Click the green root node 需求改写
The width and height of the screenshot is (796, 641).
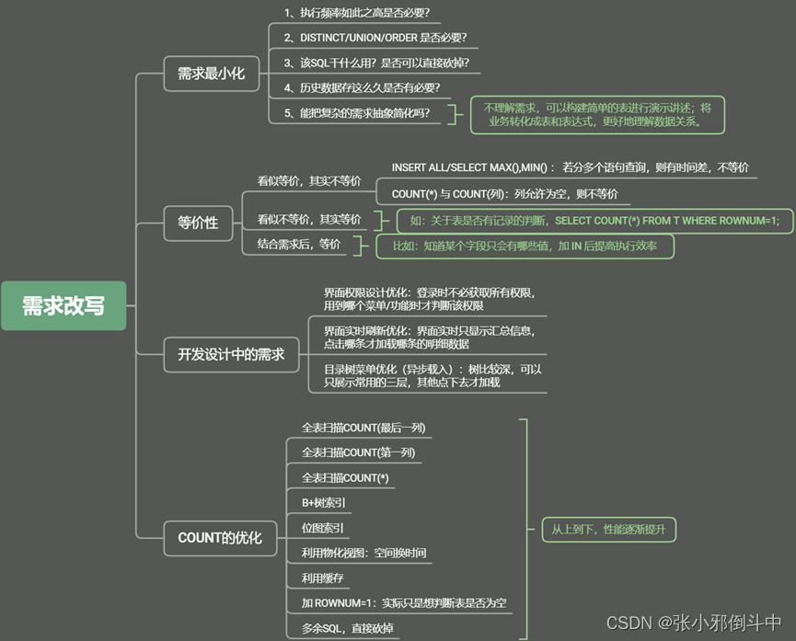point(63,306)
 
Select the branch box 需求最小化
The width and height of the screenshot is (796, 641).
point(211,74)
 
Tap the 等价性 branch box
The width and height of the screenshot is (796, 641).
point(198,222)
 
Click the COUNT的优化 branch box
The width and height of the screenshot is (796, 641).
point(220,538)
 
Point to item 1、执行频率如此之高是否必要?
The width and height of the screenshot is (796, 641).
point(357,13)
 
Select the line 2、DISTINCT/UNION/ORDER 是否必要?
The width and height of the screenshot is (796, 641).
point(375,38)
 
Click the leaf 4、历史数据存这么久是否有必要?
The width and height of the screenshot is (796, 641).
point(362,87)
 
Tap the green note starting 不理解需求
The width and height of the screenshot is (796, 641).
point(597,114)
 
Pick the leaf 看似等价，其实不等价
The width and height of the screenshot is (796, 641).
point(309,181)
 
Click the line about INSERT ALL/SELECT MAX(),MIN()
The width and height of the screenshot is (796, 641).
point(570,167)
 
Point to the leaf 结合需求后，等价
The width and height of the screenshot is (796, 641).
point(298,244)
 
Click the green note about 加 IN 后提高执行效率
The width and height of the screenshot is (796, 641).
point(525,246)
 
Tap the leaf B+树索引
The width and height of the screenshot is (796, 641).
point(323,503)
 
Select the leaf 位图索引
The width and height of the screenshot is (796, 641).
point(323,528)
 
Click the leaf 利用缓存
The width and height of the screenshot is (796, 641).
point(322,578)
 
